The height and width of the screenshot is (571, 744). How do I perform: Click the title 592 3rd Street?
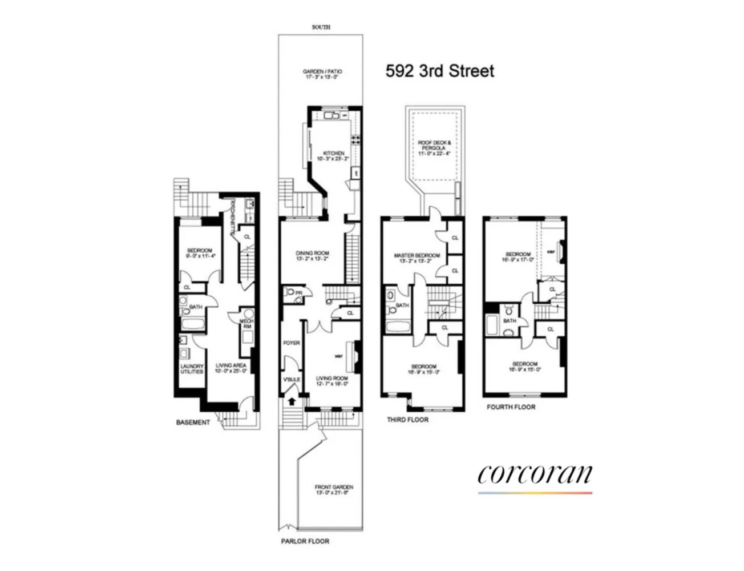coord(440,71)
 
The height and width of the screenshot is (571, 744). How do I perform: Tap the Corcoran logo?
coord(535,475)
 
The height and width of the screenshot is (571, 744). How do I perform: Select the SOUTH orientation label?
coord(321,27)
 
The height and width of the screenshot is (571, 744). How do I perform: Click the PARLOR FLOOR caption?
coord(305,541)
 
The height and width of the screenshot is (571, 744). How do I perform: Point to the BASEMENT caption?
coord(193,423)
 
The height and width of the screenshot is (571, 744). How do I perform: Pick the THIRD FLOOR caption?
coord(407,420)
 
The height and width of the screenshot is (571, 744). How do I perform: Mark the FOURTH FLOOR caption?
coord(511,407)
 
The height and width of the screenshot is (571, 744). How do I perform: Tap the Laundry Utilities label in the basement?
coord(192,369)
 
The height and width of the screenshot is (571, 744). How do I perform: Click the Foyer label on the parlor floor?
coord(292,343)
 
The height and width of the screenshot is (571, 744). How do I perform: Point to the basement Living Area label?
coord(231,368)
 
